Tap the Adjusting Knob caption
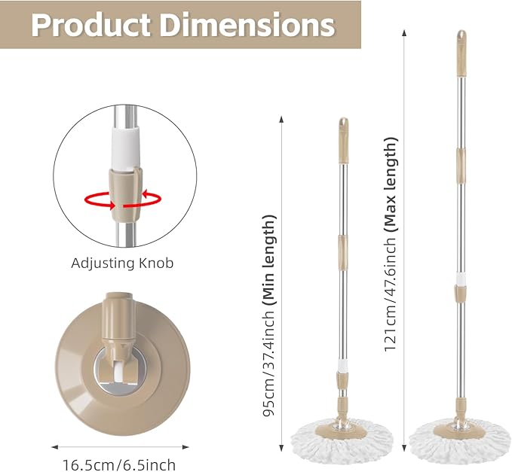(x=122, y=263)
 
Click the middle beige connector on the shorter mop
(x=343, y=245)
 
